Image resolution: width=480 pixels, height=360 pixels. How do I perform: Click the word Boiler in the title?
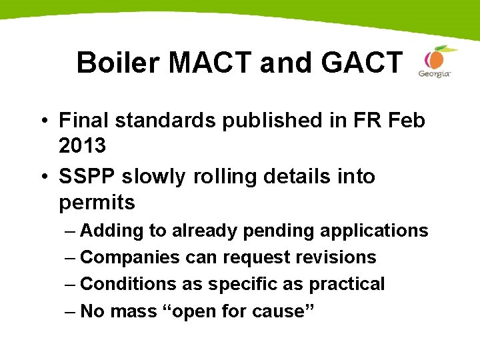click(x=119, y=63)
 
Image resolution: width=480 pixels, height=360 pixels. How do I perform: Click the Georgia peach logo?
click(x=435, y=61)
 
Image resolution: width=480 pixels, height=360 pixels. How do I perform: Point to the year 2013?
click(x=83, y=146)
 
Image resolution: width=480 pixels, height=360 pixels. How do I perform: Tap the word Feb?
click(x=405, y=121)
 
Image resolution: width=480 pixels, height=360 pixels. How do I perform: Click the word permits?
click(x=97, y=202)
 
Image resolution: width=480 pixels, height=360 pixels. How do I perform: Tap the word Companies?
click(x=130, y=257)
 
